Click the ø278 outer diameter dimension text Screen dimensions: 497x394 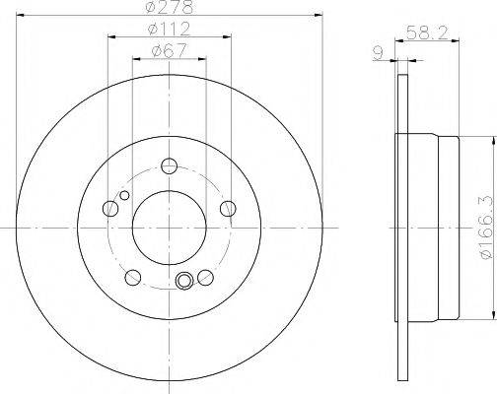click(170, 7)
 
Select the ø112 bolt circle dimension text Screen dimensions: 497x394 click(170, 29)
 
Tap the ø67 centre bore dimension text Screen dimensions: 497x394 click(170, 50)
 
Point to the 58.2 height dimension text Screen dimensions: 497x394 click(427, 33)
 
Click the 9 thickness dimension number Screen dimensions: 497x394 click(379, 53)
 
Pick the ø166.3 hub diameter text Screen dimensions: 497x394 click(488, 227)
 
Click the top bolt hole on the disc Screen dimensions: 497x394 click(170, 165)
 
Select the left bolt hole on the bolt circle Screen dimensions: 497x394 click(110, 208)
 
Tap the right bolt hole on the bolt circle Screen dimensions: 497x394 click(228, 208)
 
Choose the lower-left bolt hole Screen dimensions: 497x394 click(133, 278)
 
